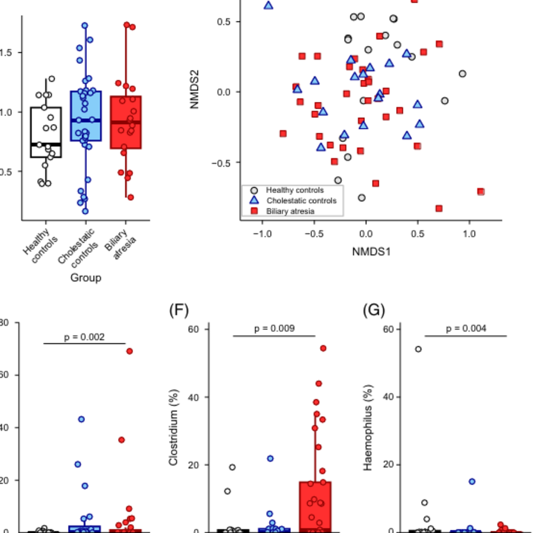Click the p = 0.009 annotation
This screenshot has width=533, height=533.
[274, 329]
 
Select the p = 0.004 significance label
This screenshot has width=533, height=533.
[466, 329]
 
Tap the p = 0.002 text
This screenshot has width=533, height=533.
[84, 337]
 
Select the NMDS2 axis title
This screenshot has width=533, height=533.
[195, 89]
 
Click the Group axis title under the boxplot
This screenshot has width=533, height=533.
[86, 278]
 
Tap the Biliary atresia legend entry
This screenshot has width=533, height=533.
[290, 211]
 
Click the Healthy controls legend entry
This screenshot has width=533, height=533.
[294, 190]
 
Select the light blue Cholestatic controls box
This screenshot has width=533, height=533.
[86, 116]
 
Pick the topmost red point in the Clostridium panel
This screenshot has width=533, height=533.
[323, 348]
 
